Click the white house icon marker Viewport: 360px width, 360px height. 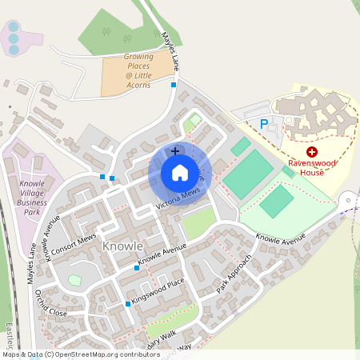pyautogui.click(x=179, y=172)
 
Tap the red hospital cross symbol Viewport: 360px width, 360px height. pyautogui.click(x=312, y=151)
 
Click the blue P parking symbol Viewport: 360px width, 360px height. pyautogui.click(x=264, y=124)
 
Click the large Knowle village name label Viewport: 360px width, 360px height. pyautogui.click(x=122, y=246)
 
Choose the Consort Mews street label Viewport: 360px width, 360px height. pyautogui.click(x=74, y=248)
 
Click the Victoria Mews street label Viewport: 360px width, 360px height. pyautogui.click(x=178, y=200)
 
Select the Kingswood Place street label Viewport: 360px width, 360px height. pyautogui.click(x=158, y=289)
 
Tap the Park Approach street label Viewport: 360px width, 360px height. pyautogui.click(x=234, y=274)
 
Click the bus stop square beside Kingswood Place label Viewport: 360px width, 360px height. pyautogui.click(x=128, y=304)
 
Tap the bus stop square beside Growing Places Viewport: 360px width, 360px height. pyautogui.click(x=174, y=85)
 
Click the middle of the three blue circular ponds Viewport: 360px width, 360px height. pyautogui.click(x=13, y=38)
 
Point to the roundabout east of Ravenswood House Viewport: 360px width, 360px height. pyautogui.click(x=350, y=200)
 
